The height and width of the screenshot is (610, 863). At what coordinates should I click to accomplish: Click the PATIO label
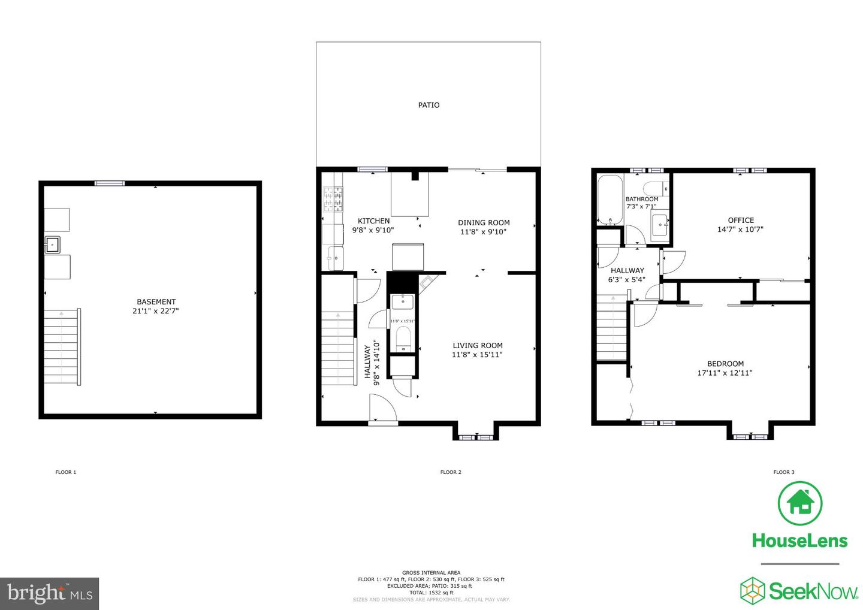[x=429, y=105]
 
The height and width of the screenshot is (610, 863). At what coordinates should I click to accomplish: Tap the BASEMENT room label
[x=156, y=302]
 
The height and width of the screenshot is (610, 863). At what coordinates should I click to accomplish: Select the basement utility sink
[x=53, y=244]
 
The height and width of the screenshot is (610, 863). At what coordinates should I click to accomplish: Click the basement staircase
[x=62, y=348]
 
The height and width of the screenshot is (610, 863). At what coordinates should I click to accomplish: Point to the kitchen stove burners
[x=334, y=200]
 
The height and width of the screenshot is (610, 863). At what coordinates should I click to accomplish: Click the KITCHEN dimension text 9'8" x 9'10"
[x=373, y=230]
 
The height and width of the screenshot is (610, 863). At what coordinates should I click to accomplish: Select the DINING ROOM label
[x=484, y=222]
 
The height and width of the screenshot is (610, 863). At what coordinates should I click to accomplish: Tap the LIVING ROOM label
[x=477, y=345]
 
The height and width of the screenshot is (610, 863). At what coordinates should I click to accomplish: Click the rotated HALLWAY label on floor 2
[x=367, y=362]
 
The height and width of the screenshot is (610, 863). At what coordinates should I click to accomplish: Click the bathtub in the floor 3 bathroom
[x=609, y=200]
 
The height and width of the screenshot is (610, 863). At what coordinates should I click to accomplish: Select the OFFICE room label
[x=741, y=220]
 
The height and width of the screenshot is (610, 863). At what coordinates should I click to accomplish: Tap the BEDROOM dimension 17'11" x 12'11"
[x=725, y=373]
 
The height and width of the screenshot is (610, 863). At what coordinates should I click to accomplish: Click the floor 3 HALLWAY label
[x=627, y=270]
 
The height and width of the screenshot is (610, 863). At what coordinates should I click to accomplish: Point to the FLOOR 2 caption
[x=451, y=472]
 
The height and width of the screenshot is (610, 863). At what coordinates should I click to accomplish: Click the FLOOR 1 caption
[x=66, y=472]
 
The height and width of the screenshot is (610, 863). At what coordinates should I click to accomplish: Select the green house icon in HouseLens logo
[x=799, y=503]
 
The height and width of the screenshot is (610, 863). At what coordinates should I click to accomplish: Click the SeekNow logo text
[x=813, y=592]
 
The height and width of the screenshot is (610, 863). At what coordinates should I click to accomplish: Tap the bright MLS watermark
[x=50, y=593]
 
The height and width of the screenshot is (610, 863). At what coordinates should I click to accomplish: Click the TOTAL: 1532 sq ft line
[x=431, y=593]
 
